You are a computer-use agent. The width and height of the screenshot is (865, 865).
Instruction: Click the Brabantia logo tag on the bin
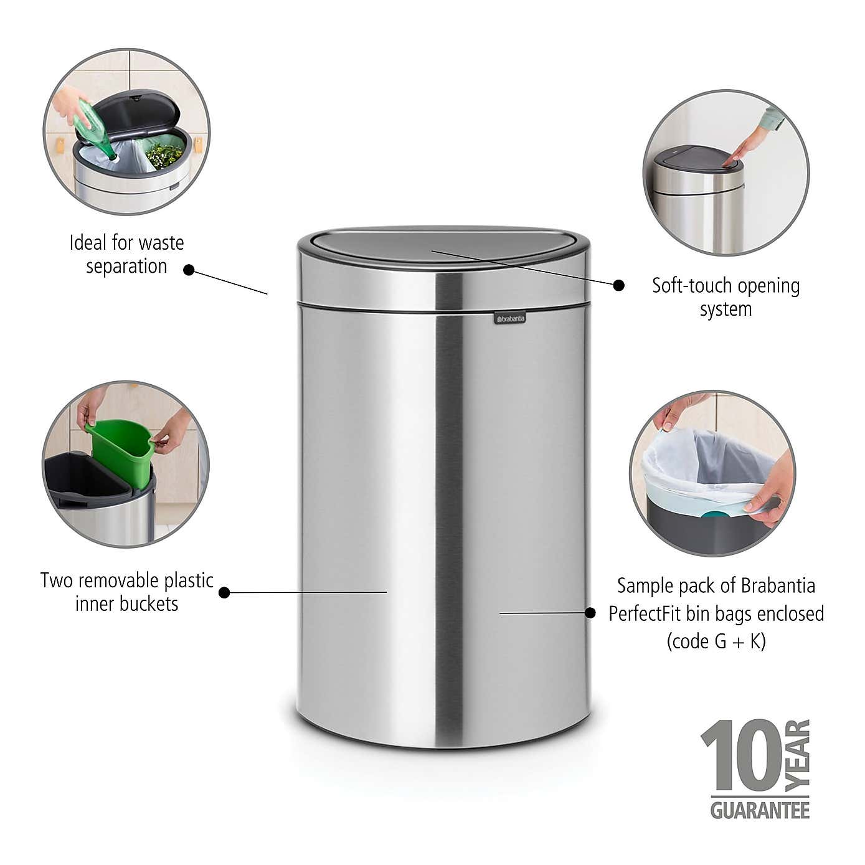point(509,319)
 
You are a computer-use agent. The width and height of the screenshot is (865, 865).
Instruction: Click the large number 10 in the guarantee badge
point(741,755)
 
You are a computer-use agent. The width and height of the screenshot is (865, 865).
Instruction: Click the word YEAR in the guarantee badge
point(798,755)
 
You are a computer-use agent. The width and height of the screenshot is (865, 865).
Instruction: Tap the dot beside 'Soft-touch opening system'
point(618,285)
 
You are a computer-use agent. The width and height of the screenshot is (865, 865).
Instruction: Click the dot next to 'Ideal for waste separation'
point(189,270)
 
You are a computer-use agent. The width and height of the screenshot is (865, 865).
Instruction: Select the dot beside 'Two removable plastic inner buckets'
point(224,592)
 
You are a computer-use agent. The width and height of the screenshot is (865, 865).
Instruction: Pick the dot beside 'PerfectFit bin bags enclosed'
point(590,613)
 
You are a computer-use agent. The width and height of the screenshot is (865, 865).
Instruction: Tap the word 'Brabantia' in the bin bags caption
point(778,586)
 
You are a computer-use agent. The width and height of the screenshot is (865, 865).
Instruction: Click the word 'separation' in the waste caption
point(126,267)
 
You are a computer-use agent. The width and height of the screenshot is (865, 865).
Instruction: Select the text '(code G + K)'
point(716,641)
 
